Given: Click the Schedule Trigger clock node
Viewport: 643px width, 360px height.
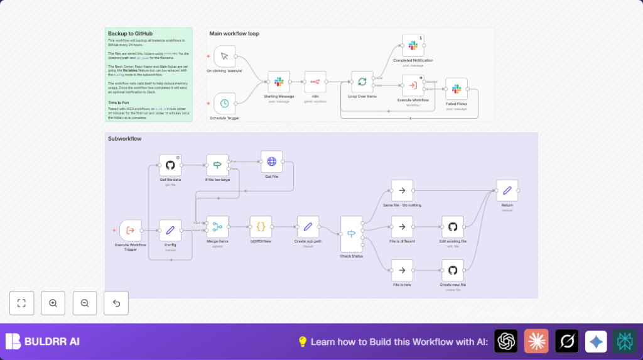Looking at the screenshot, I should point(225,103).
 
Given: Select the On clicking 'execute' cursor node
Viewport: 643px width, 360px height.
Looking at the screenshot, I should point(225,57).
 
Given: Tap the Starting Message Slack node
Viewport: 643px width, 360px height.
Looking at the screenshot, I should point(279,82).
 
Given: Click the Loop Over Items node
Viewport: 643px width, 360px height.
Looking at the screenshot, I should point(362,82).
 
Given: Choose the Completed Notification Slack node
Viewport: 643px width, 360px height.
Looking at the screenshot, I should point(413,46).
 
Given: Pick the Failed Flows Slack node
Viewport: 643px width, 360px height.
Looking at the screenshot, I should point(456,89).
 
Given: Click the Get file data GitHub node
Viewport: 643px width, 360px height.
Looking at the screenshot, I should point(170,165).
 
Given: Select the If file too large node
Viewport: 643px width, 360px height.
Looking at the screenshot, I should point(217,165).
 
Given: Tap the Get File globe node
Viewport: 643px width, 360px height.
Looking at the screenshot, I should point(271,161).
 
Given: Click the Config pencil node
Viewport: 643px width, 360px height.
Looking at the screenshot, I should point(170,230).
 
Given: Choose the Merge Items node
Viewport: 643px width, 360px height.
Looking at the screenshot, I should point(217,227).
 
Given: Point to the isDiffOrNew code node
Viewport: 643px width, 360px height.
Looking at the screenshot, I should point(261,227).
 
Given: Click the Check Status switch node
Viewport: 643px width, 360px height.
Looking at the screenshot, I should point(351,234).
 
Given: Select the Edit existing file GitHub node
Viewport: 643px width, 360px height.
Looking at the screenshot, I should point(453,227).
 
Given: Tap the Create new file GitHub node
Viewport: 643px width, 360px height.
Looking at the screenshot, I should point(453,270).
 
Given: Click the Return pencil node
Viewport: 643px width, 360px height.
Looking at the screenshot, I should point(507,190).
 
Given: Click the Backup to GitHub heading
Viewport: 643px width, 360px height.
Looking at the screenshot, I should point(130,33).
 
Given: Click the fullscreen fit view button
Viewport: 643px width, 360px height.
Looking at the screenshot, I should point(21,303).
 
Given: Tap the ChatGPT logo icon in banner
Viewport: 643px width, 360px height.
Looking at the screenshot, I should point(506,341).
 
